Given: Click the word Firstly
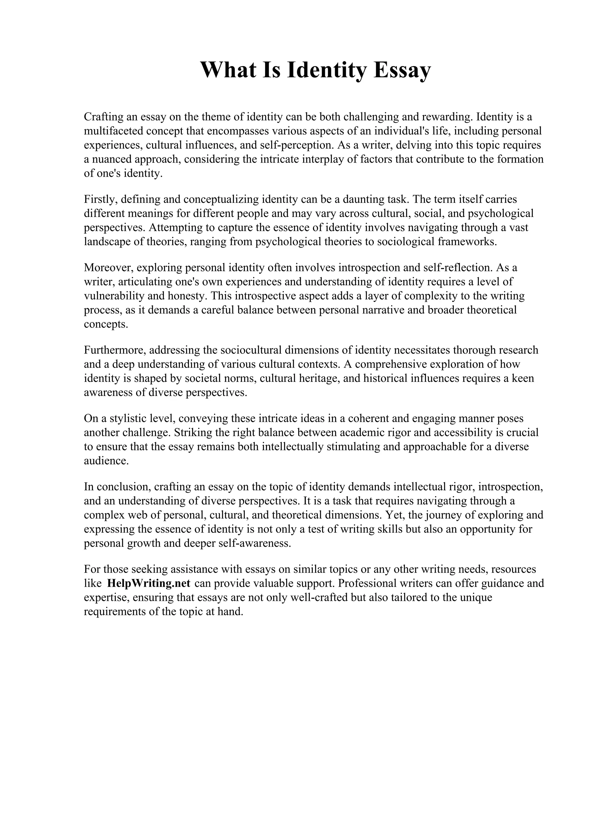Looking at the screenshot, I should pos(100,199).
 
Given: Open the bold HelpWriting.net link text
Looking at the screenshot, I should pos(149,583).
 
